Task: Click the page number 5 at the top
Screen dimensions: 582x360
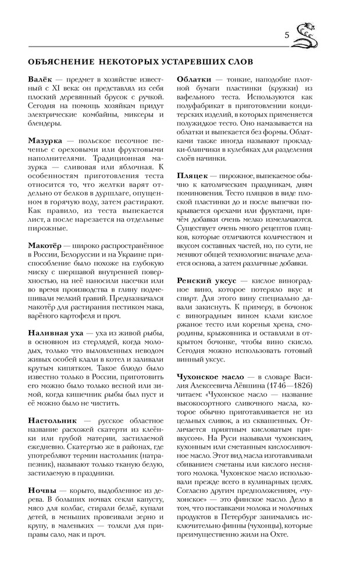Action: tap(287, 36)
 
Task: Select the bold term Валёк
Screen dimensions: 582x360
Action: tap(40, 78)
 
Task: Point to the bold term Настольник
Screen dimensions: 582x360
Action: tap(52, 420)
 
